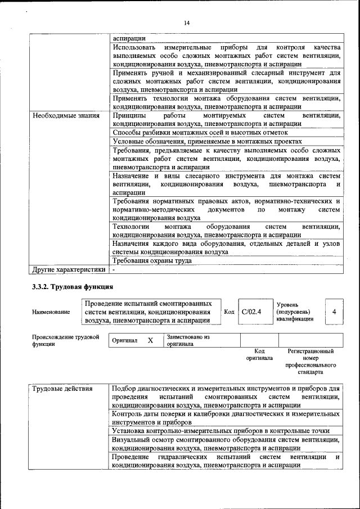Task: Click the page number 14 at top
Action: pos(187,22)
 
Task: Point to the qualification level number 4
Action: pos(334,312)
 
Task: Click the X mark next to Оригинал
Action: pos(150,340)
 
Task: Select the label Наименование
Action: pos(51,312)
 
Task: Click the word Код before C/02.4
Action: pos(229,312)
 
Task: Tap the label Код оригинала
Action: pos(259,354)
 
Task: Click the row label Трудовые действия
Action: pos(63,389)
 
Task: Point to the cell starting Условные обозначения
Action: pos(207,141)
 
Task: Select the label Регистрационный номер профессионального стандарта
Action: pos(310,361)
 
